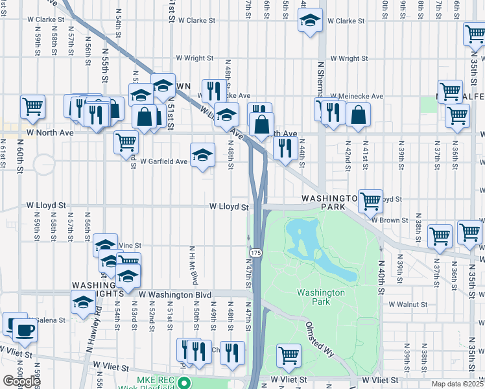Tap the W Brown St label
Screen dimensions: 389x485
[x=390, y=220]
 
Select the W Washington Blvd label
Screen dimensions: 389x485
[x=175, y=295]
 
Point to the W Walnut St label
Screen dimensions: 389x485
[x=407, y=303]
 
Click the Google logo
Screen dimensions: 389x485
[x=21, y=381]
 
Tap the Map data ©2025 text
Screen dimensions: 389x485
[x=457, y=384]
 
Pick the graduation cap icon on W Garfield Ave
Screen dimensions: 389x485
[x=203, y=155]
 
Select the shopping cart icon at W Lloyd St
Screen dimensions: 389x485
[x=370, y=200]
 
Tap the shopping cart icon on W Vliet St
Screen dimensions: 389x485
[x=289, y=354]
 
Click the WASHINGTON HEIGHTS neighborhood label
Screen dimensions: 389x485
[x=97, y=289]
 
